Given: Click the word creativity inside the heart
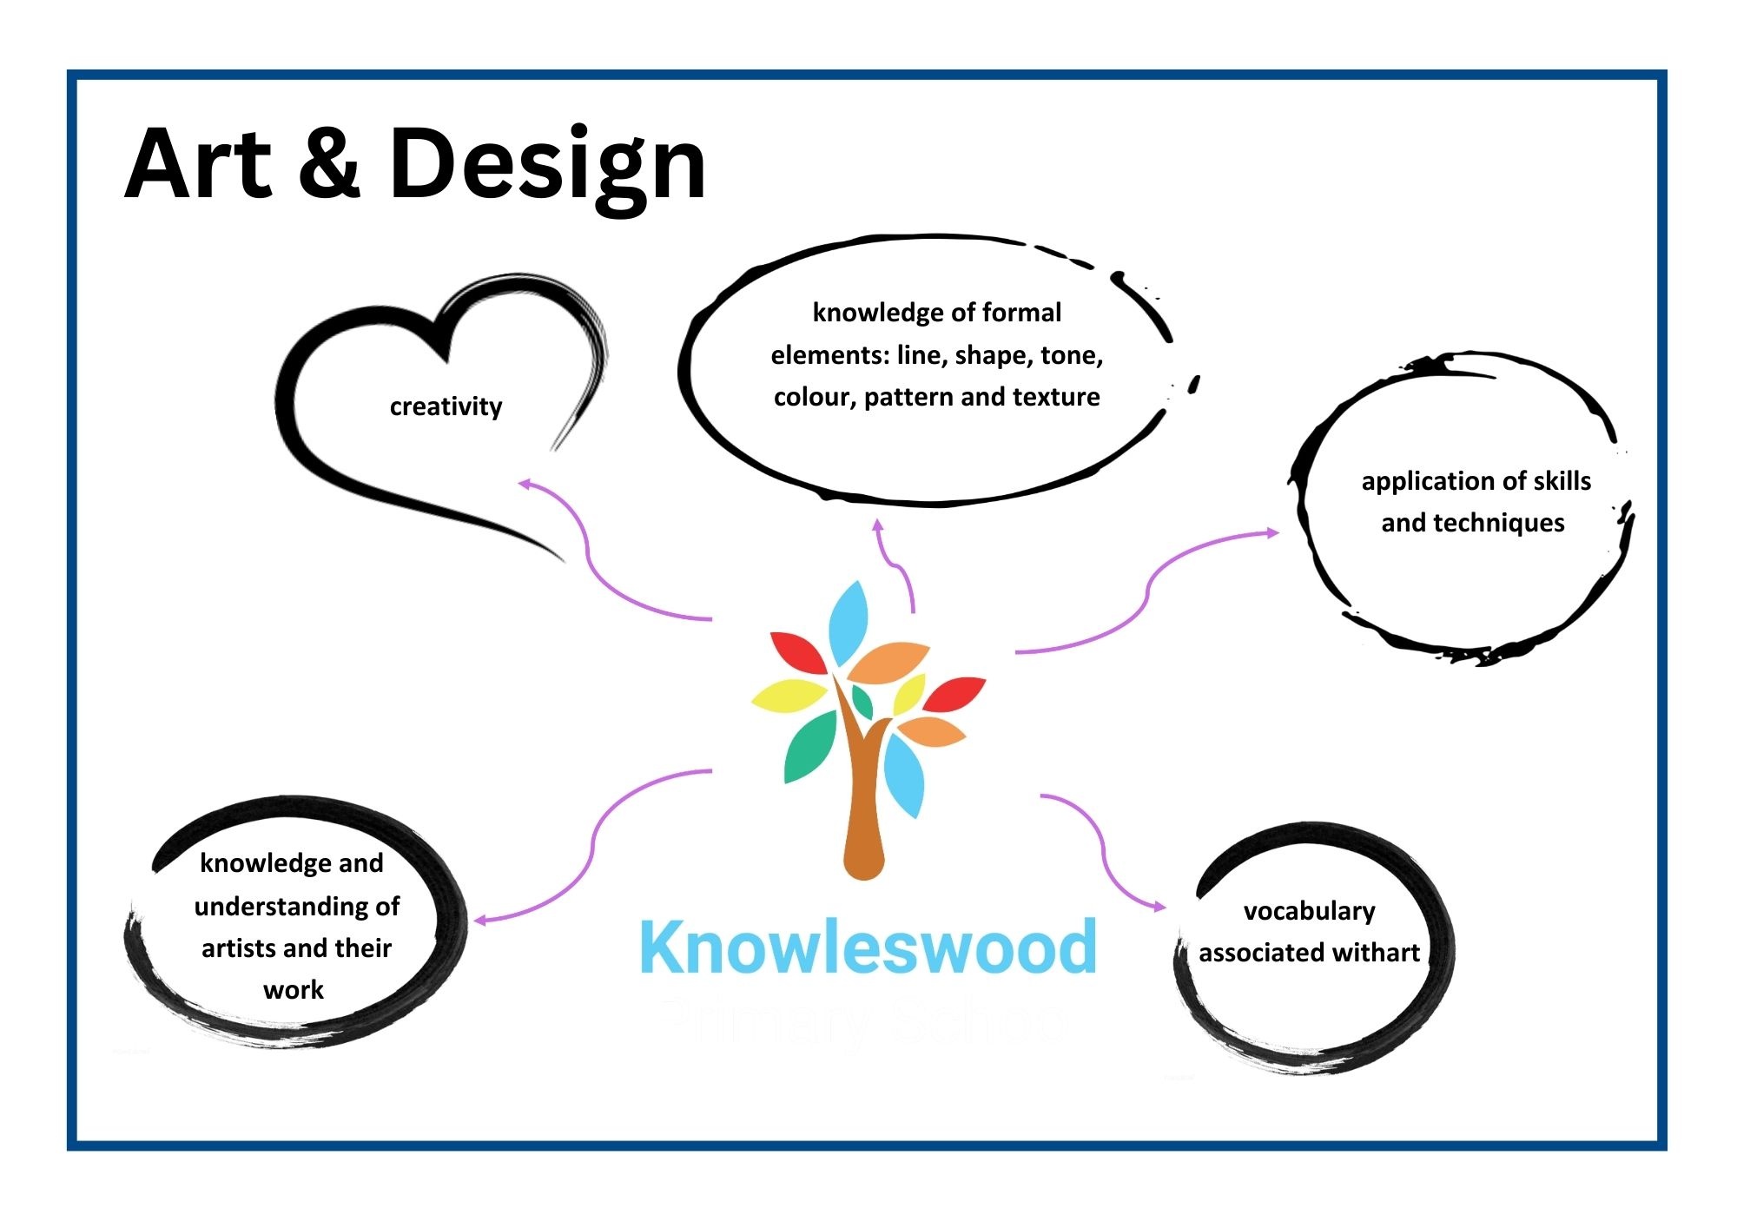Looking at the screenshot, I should click(x=446, y=406).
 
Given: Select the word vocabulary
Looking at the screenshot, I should click(x=1309, y=911).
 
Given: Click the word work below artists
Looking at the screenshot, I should click(x=294, y=989).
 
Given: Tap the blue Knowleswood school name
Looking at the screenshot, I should click(x=868, y=947).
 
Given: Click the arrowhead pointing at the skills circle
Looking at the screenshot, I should click(x=1272, y=531).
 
